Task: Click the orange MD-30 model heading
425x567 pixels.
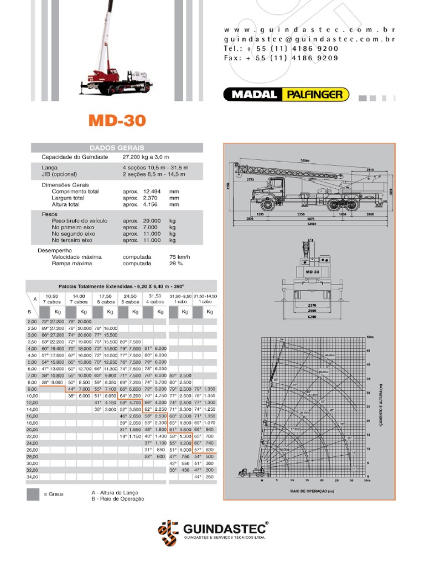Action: tap(117, 120)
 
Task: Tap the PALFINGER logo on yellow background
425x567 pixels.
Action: tap(314, 95)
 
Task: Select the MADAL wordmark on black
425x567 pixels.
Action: tap(255, 95)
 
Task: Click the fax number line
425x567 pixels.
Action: tap(281, 58)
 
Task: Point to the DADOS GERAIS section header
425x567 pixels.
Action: tap(116, 148)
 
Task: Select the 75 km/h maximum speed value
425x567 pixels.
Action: tap(179, 257)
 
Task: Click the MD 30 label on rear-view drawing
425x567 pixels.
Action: tap(312, 272)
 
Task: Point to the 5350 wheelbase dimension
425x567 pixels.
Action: tap(301, 213)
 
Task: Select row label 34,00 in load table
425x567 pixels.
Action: tap(32, 476)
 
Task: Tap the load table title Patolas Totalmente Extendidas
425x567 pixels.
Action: tap(121, 286)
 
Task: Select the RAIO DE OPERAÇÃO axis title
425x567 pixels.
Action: tap(312, 491)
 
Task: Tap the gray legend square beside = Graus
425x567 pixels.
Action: tap(33, 494)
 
